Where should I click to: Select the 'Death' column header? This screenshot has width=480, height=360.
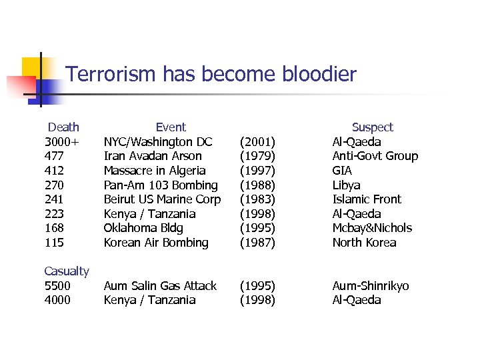coord(63,127)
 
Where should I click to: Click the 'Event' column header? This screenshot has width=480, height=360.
coord(171,127)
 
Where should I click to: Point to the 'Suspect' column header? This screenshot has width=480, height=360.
coord(372,127)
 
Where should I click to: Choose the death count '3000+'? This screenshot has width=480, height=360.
coord(61,142)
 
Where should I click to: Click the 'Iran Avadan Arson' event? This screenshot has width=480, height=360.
coord(153,156)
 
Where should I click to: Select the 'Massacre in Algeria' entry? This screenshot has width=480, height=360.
coord(155,171)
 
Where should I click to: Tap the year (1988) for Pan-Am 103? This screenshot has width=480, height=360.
coord(257,185)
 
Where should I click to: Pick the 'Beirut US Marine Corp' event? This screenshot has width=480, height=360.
coord(162,199)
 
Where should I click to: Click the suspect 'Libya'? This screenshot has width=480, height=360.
coord(346,185)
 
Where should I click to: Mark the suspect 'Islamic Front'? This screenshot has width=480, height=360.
coord(367,199)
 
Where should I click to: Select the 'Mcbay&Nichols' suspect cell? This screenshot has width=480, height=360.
coord(372,228)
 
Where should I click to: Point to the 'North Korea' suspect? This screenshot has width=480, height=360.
coord(364,243)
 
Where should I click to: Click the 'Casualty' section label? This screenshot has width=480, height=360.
coord(67,271)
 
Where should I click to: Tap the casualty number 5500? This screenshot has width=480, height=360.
coord(57,286)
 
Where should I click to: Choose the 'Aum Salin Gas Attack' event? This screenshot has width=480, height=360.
coord(160,286)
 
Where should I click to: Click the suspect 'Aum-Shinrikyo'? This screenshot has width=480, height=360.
coord(371,286)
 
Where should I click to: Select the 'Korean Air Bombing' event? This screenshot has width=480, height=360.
coord(156,243)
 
